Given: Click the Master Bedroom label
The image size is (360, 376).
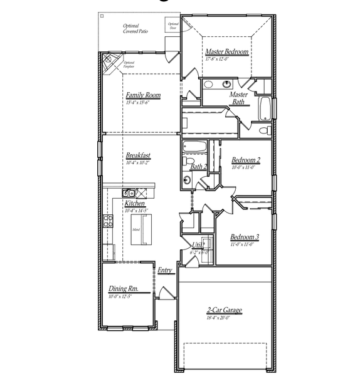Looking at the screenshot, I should (226, 52).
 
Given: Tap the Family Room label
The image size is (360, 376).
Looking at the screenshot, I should (143, 95).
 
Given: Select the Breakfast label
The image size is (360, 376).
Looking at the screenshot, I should (138, 155).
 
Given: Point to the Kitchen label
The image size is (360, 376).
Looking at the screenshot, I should (135, 204).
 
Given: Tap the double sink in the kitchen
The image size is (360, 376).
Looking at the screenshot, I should (129, 193).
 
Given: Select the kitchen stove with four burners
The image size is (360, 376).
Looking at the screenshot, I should (108, 221).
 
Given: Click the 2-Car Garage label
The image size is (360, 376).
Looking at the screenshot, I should (224, 310).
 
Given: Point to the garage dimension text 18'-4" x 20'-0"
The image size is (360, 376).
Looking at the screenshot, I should (224, 318).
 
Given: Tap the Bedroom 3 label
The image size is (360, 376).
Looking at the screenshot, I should (245, 237).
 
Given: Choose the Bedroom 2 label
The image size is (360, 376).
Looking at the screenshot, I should (246, 160).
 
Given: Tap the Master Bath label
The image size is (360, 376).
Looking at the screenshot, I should (239, 98).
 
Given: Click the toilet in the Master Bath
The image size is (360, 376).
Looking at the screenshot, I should (264, 130).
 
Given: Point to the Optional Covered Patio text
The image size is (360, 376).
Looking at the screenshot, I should (135, 28).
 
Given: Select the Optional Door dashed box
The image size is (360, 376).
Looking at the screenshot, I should (172, 26).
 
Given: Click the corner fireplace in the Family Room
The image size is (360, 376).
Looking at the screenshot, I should (111, 62).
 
